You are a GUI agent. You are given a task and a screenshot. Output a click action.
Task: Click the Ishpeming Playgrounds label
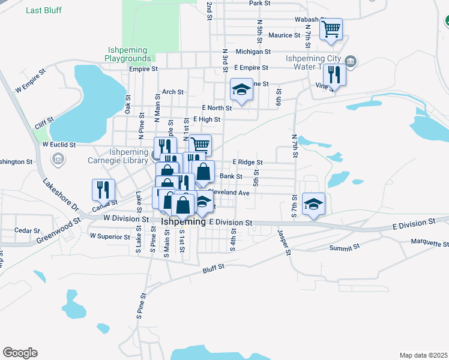pos(128,55)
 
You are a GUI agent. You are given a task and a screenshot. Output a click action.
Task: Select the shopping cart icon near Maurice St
pos(331,30)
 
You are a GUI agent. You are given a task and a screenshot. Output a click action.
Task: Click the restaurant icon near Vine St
pos(334,75)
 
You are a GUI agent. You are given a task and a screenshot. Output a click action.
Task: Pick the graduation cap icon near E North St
pos(241,91)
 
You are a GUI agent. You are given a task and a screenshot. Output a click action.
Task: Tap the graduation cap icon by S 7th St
pos(313,204)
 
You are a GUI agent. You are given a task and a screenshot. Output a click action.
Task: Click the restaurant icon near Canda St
pos(103,190)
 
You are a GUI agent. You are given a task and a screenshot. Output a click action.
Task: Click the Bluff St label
pos(212,267)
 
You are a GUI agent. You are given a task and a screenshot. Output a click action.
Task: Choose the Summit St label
pos(344,247)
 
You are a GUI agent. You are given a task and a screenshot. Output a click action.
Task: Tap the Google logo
pos(20,353)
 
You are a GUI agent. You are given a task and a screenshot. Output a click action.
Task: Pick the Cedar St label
pos(27,230)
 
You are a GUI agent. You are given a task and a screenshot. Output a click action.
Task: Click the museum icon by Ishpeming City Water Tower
pos(352,61)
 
